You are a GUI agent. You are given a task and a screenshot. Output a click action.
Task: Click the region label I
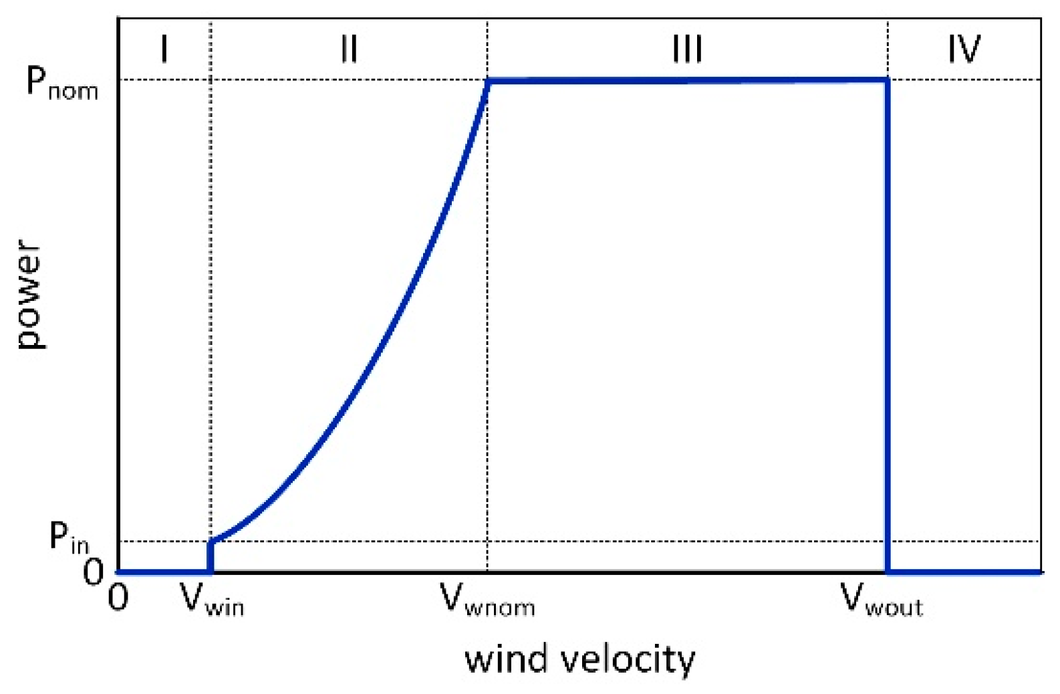[x=164, y=48]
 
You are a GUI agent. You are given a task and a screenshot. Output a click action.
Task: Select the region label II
[x=348, y=48]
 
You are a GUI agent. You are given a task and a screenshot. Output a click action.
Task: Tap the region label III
[x=687, y=48]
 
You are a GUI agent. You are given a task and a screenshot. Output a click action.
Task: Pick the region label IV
[x=964, y=48]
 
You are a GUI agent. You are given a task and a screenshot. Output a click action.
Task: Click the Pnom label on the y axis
[x=61, y=84]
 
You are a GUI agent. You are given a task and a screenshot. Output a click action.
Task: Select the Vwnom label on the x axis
[x=487, y=599]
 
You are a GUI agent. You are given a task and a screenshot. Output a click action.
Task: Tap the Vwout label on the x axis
[x=881, y=599]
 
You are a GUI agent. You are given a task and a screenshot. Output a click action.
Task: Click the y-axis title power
[x=30, y=294]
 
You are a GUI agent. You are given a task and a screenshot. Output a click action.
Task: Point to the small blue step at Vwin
[x=211, y=556]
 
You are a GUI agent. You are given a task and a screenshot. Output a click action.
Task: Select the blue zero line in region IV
[x=964, y=572]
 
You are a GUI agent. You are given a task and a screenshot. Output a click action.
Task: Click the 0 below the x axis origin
[x=118, y=597]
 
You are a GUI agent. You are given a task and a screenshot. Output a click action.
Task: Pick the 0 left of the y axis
[x=93, y=572]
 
